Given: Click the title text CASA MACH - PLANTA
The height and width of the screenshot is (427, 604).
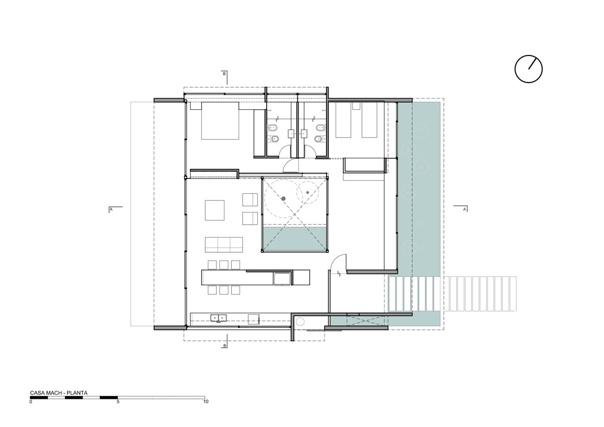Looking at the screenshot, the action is [59, 393].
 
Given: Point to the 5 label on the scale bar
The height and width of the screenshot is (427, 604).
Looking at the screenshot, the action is [118, 402].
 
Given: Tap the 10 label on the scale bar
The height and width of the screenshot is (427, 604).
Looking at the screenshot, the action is [206, 402].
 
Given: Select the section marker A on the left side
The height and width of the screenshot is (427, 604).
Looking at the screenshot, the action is [111, 209].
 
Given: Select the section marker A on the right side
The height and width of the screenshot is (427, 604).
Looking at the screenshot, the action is [464, 209].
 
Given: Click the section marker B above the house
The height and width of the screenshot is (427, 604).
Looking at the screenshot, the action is [224, 74].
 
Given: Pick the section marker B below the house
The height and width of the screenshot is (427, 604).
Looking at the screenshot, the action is [224, 345].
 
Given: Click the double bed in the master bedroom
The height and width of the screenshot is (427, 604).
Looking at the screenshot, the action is [220, 120].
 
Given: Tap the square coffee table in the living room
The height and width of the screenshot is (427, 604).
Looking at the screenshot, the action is [214, 210].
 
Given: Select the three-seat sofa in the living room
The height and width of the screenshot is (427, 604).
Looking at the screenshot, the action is [224, 245].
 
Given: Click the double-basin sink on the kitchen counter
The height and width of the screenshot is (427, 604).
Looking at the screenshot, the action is [218, 318].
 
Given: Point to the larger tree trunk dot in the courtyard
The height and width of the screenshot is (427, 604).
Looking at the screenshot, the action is [283, 198].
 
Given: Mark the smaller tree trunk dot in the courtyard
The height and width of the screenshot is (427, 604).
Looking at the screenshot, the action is [308, 192].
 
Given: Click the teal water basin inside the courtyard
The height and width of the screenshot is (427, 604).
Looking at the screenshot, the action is [295, 239].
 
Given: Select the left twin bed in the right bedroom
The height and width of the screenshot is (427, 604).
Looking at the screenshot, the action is [343, 120].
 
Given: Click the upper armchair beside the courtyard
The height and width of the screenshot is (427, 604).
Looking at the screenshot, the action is [250, 199].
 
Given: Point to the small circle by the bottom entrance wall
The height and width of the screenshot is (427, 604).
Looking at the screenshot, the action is [300, 322].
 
